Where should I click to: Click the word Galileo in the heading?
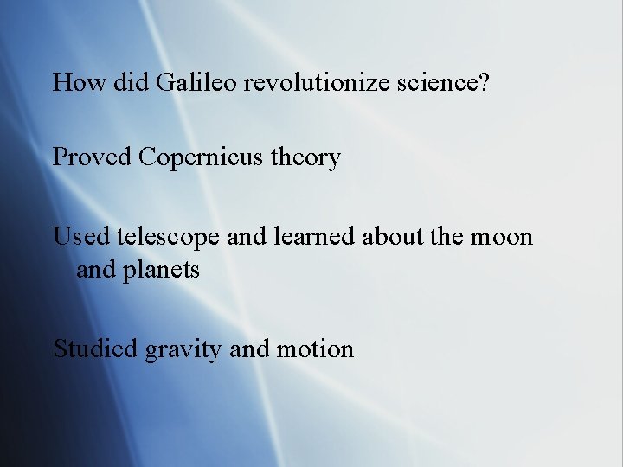(197, 82)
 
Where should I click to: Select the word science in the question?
(440, 82)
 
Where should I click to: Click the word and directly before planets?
(97, 270)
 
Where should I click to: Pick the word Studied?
(95, 349)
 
